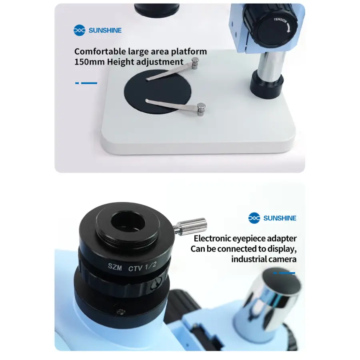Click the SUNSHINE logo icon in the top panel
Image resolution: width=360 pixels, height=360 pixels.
pyautogui.click(x=80, y=30)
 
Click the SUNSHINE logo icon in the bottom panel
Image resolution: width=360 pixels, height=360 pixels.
pyautogui.click(x=254, y=218)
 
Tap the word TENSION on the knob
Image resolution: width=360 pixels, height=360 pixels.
pyautogui.click(x=280, y=20)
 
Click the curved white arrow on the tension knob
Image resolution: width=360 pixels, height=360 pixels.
pyautogui.click(x=288, y=28)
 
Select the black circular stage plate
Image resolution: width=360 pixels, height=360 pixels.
pyautogui.click(x=158, y=92)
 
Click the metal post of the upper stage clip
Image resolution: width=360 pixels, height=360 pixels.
pyautogui.click(x=195, y=63)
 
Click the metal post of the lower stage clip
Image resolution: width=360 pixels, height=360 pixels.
pyautogui.click(x=201, y=109)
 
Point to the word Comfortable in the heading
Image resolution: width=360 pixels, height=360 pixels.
pyautogui.click(x=100, y=52)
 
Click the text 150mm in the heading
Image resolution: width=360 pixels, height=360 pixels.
pyautogui.click(x=89, y=62)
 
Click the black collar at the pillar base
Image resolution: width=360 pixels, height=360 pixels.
pyautogui.click(x=266, y=84)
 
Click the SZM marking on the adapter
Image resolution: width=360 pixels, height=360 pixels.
pyautogui.click(x=115, y=266)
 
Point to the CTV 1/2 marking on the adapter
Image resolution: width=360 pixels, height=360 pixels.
pyautogui.click(x=142, y=267)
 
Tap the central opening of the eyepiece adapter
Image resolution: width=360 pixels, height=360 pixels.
pyautogui.click(x=128, y=222)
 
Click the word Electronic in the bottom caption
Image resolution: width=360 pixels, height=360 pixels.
pyautogui.click(x=212, y=238)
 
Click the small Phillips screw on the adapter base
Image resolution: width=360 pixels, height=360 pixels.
pyautogui.click(x=121, y=312)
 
